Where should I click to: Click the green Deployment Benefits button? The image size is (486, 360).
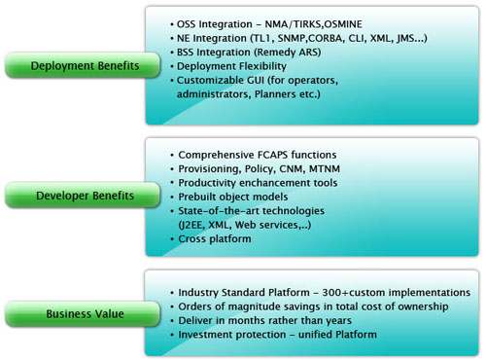pos(73,66)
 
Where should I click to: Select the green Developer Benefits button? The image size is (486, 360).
pos(73,194)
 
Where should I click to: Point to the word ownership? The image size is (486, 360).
pos(423,306)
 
